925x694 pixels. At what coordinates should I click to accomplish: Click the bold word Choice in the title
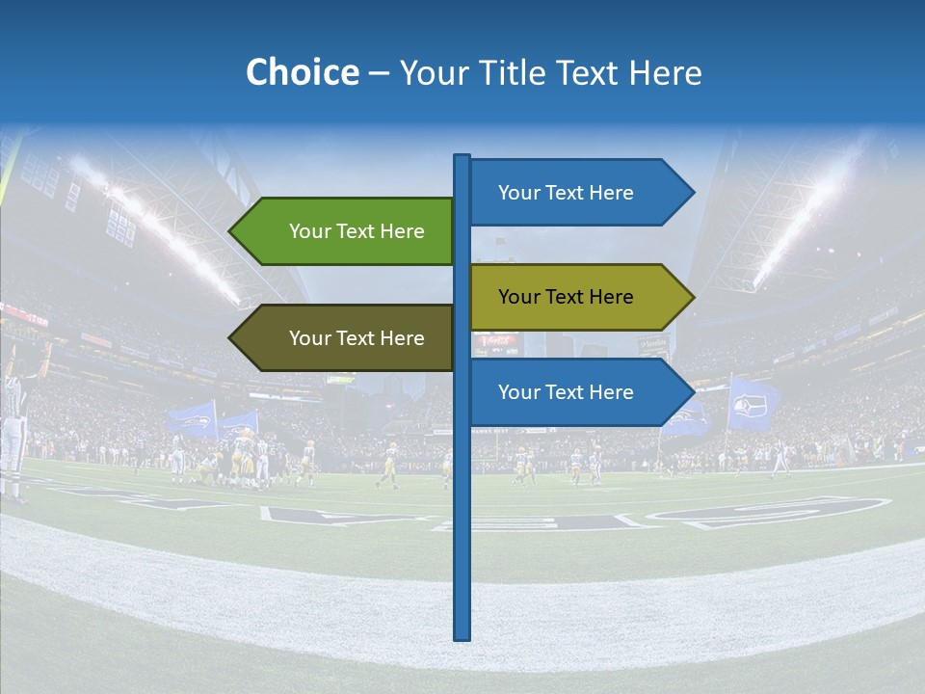click(302, 72)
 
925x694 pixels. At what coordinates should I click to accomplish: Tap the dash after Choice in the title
click(379, 73)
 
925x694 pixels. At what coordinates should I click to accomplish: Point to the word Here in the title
click(665, 72)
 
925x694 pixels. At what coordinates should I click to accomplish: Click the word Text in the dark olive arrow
click(357, 338)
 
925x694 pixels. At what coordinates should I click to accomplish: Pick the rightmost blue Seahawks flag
click(753, 405)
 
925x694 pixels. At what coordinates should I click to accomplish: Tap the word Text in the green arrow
click(357, 231)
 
